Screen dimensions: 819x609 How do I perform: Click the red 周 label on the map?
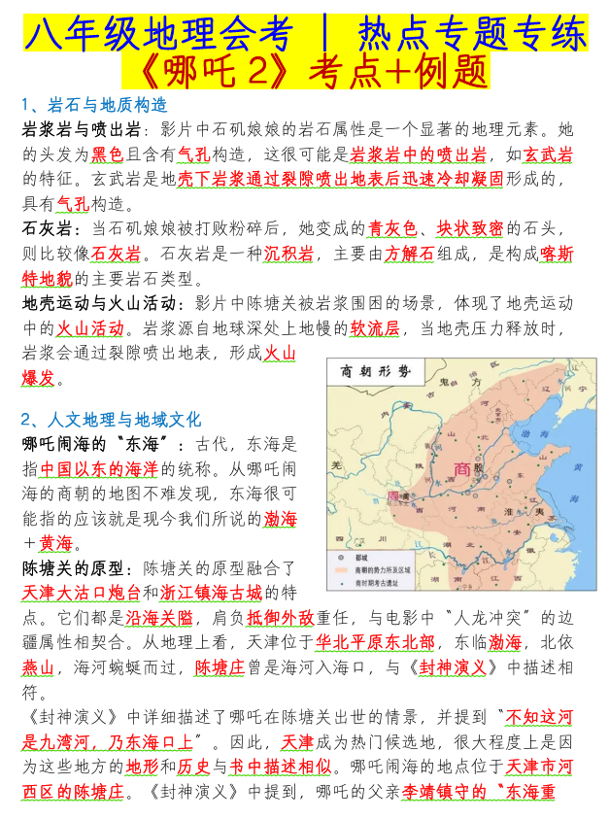pyautogui.click(x=393, y=496)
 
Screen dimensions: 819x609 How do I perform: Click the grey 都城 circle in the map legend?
pyautogui.click(x=336, y=560)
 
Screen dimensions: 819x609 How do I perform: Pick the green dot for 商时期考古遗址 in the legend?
pyautogui.click(x=336, y=584)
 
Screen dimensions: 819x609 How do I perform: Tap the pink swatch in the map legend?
pyautogui.click(x=336, y=571)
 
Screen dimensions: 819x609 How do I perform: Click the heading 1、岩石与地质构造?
pyautogui.click(x=94, y=105)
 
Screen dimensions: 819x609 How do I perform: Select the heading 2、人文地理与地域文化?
pyautogui.click(x=111, y=420)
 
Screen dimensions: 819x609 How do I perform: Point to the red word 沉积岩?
pyautogui.click(x=288, y=255)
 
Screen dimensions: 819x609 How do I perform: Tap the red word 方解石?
pyautogui.click(x=407, y=255)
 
